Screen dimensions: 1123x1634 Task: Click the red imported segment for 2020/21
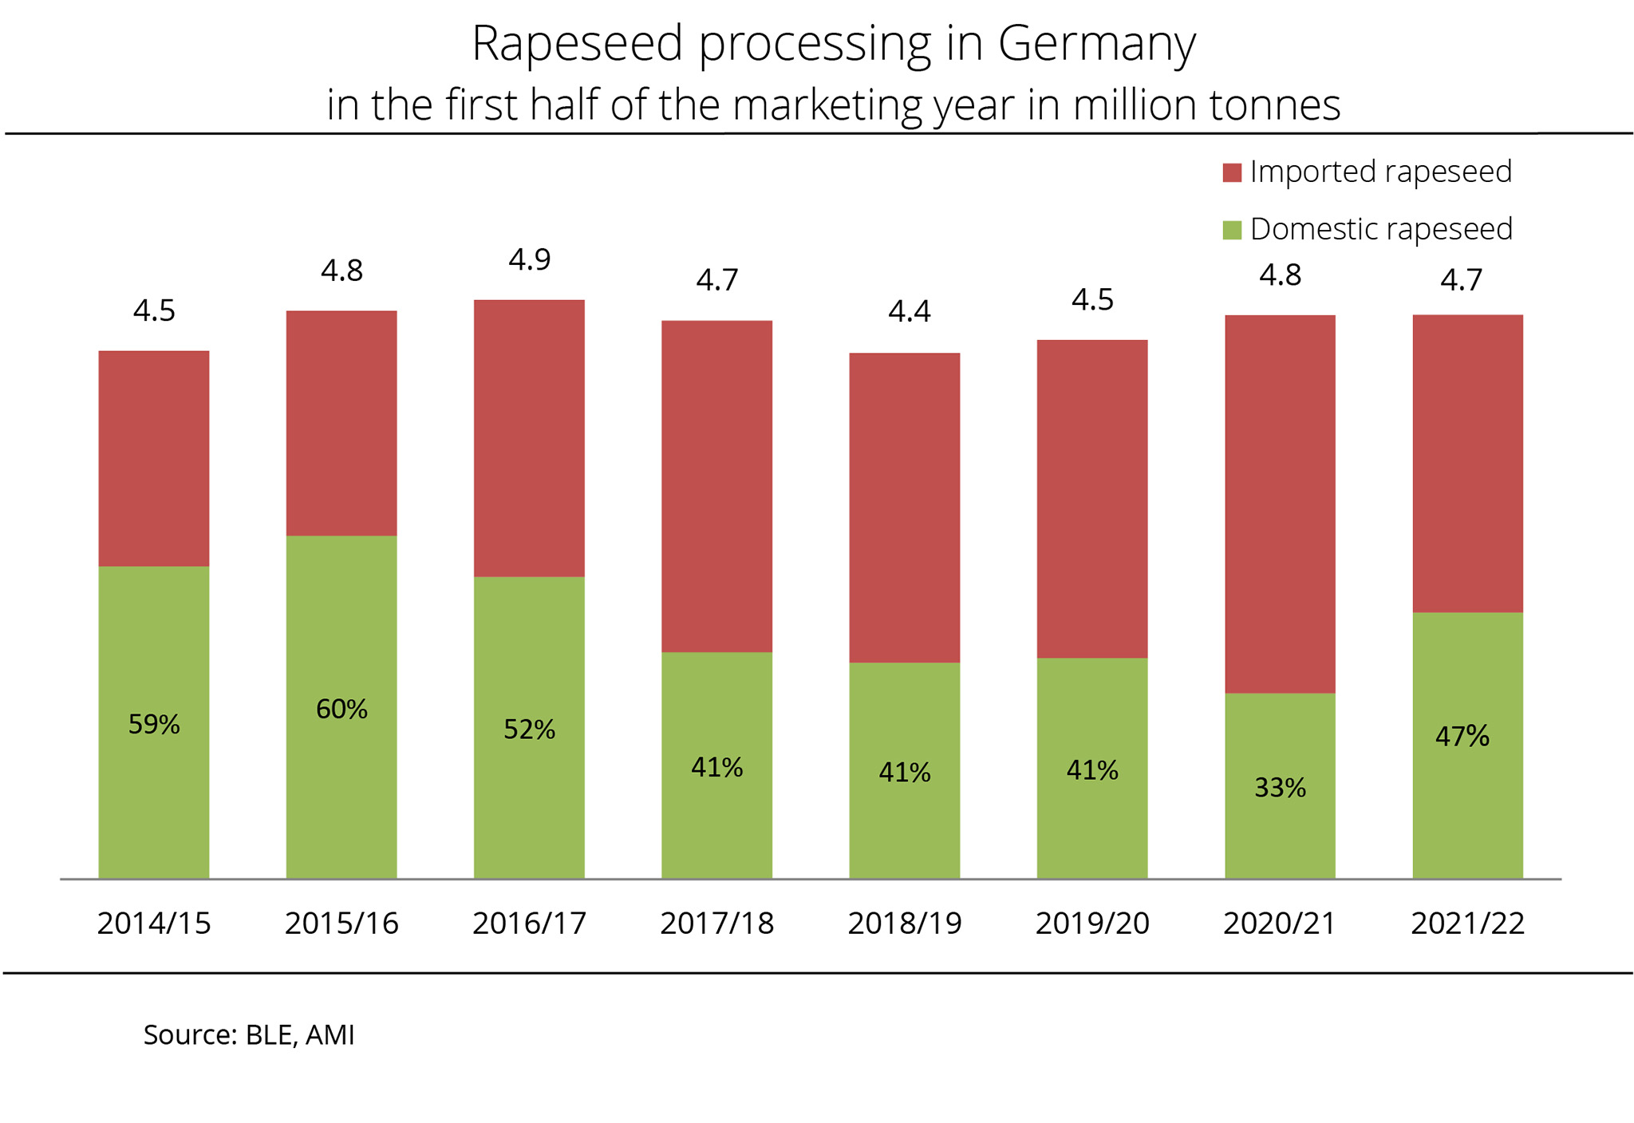(1280, 504)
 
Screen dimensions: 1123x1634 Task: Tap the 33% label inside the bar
(1280, 788)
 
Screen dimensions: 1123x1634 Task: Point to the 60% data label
(341, 709)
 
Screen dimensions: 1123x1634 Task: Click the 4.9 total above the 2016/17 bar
(530, 259)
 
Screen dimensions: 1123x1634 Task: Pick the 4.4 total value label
(910, 310)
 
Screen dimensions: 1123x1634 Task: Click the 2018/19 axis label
(905, 923)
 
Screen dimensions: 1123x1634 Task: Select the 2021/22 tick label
(1467, 923)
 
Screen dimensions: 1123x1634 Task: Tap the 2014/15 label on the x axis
(154, 923)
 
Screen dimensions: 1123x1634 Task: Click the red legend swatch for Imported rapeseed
(1232, 172)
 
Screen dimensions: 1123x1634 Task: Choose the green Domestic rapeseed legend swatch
(1232, 230)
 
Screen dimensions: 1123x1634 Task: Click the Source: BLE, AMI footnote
(249, 1034)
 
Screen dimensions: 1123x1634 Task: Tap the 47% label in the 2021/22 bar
(1462, 736)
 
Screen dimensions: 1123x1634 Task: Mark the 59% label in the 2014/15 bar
(154, 725)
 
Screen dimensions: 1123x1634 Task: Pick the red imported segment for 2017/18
(716, 486)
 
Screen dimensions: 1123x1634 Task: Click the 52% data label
(529, 730)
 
